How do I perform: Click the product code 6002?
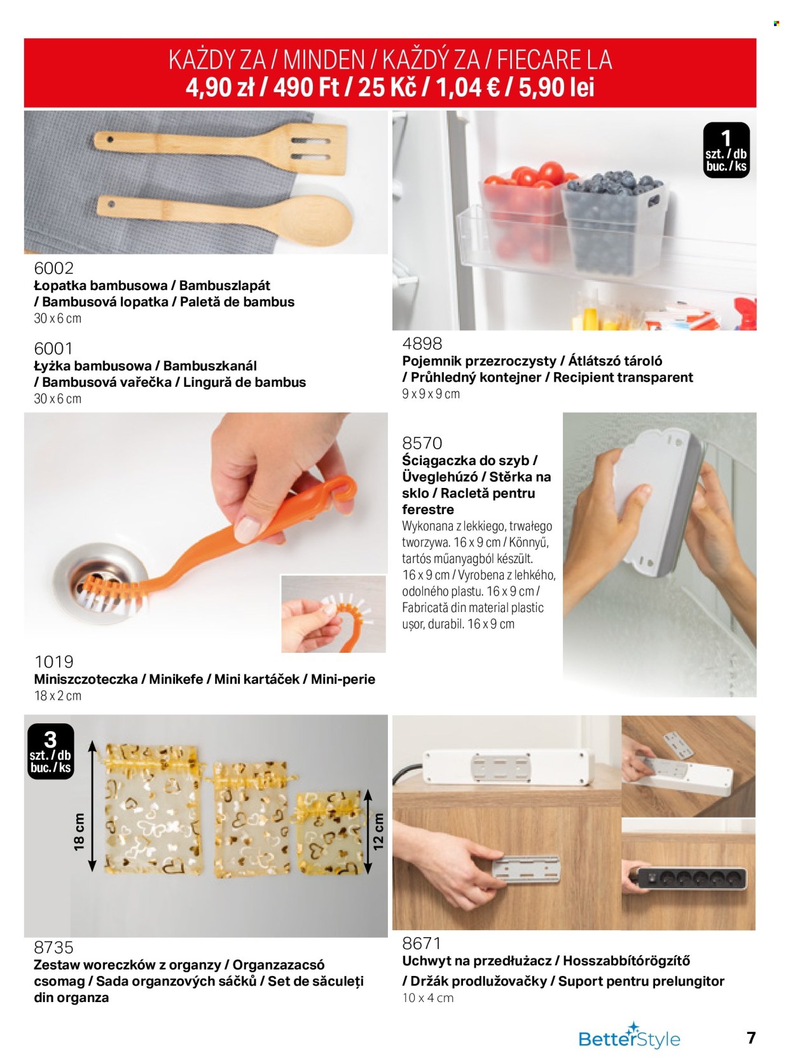pyautogui.click(x=53, y=268)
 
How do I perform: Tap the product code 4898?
pyautogui.click(x=422, y=344)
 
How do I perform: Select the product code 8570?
pyautogui.click(x=422, y=443)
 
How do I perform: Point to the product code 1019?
pyautogui.click(x=53, y=662)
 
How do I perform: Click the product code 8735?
pyautogui.click(x=53, y=947)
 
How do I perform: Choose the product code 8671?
pyautogui.click(x=422, y=943)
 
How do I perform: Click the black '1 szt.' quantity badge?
pyautogui.click(x=726, y=150)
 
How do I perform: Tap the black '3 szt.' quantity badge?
pyautogui.click(x=51, y=751)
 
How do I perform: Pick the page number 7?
pyautogui.click(x=751, y=1036)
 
